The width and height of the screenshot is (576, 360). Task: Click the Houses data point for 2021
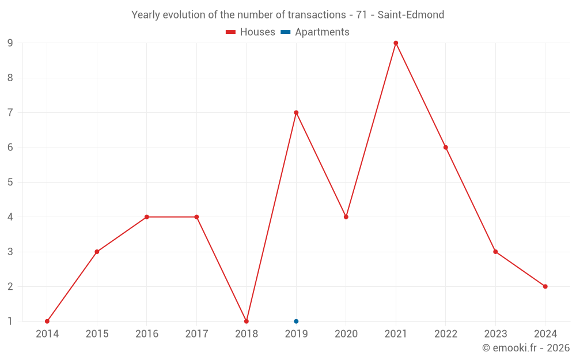396,43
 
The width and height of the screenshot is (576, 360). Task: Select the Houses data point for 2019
296,112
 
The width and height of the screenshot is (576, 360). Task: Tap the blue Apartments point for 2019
296,321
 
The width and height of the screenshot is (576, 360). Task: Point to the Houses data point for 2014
47,321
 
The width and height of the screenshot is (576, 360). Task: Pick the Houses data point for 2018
247,321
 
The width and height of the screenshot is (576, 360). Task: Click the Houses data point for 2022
446,147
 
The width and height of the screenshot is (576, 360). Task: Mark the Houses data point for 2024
545,286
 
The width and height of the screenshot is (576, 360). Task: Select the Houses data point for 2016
147,217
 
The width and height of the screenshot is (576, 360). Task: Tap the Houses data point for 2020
346,217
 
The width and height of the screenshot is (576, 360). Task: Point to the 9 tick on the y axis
10,43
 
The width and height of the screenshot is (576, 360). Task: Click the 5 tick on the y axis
10,182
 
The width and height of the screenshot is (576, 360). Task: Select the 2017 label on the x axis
196,334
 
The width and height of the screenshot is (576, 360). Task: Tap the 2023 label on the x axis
495,334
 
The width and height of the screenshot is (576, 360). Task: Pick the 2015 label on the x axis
97,334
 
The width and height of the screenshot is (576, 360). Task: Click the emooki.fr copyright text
526,348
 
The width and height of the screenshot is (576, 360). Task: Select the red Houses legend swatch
231,32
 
